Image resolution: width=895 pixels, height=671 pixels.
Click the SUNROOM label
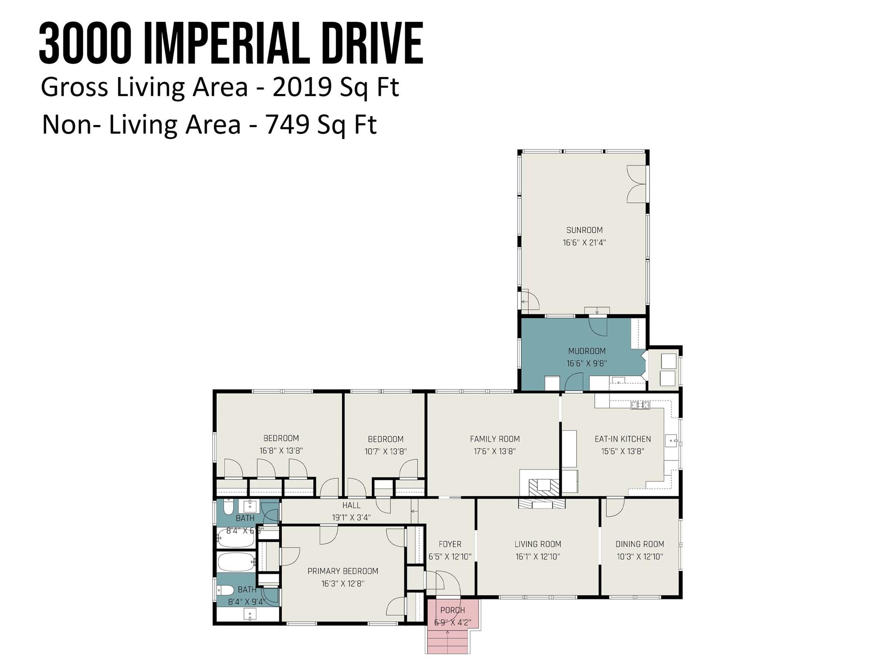tap(584, 230)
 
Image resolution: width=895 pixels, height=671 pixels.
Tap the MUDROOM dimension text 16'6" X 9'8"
tap(586, 363)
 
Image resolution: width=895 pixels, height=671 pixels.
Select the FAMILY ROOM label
tap(495, 439)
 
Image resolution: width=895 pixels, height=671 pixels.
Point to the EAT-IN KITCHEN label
tap(622, 439)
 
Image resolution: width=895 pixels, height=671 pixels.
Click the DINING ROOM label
tap(639, 544)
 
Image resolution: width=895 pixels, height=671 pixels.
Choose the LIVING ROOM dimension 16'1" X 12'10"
tap(538, 557)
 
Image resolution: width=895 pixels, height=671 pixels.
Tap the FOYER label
tap(450, 544)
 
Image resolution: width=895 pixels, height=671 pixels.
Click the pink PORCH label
tap(452, 610)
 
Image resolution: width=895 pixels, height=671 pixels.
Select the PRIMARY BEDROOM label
tap(343, 571)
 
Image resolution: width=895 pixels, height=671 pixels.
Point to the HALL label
tap(351, 505)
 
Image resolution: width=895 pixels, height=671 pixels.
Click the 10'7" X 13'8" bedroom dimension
tap(385, 451)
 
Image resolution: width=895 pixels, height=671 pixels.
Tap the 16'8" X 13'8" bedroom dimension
tap(281, 450)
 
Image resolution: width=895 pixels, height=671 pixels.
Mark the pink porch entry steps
tap(447, 643)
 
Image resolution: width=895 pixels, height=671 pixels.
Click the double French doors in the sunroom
tap(636, 184)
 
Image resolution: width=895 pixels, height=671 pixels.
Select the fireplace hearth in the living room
tap(542, 504)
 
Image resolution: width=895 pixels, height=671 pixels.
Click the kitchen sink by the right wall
tap(670, 441)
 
